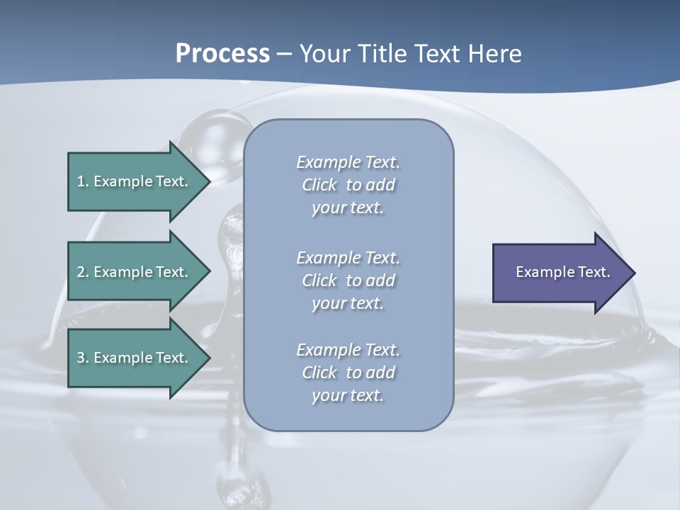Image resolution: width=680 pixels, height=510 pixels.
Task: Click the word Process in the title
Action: pyautogui.click(x=222, y=54)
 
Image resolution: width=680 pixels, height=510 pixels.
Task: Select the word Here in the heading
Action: pyautogui.click(x=494, y=54)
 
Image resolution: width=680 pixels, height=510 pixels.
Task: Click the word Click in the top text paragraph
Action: pyautogui.click(x=319, y=185)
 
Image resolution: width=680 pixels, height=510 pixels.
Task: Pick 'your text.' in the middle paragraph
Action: pyautogui.click(x=348, y=302)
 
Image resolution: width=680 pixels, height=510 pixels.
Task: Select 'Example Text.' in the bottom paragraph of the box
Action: pyautogui.click(x=348, y=350)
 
